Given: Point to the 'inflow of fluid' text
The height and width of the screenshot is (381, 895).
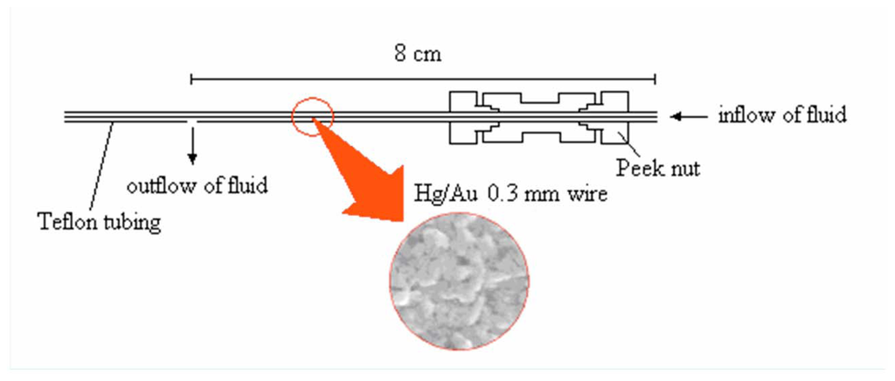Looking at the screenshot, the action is point(781,115).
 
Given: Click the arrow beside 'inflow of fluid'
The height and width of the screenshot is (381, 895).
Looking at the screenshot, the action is point(689,115).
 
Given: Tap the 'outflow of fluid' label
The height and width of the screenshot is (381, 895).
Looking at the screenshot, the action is point(197,185).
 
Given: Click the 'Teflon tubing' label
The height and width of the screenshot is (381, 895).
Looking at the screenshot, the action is point(100,222).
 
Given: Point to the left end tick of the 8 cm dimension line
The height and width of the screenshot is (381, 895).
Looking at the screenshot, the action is point(191,80).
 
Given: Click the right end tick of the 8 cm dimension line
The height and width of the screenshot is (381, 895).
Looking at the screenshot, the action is point(656,80).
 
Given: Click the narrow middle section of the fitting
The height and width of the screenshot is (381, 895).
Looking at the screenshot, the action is point(538,115).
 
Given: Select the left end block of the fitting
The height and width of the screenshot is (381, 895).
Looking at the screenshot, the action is point(465,115).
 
